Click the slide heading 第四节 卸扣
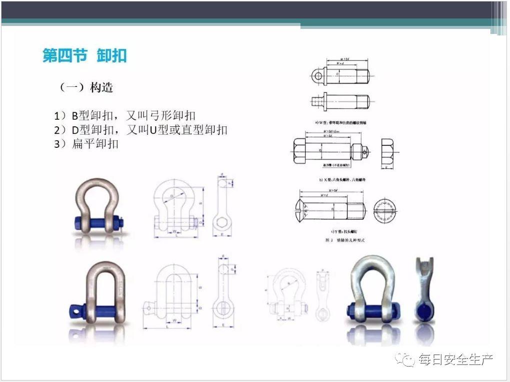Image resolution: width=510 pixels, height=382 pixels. [x=84, y=55]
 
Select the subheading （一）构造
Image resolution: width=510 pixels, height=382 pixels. [x=86, y=87]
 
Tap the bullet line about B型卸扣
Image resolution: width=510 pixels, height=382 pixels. [x=125, y=116]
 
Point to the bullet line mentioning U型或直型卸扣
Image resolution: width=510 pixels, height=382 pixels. [x=141, y=130]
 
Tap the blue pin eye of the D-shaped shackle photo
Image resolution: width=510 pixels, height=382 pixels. [x=74, y=311]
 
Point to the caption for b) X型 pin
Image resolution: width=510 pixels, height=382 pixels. [x=342, y=179]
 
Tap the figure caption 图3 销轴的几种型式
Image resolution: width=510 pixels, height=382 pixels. [x=345, y=240]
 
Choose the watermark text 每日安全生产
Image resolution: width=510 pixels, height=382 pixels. [x=455, y=359]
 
